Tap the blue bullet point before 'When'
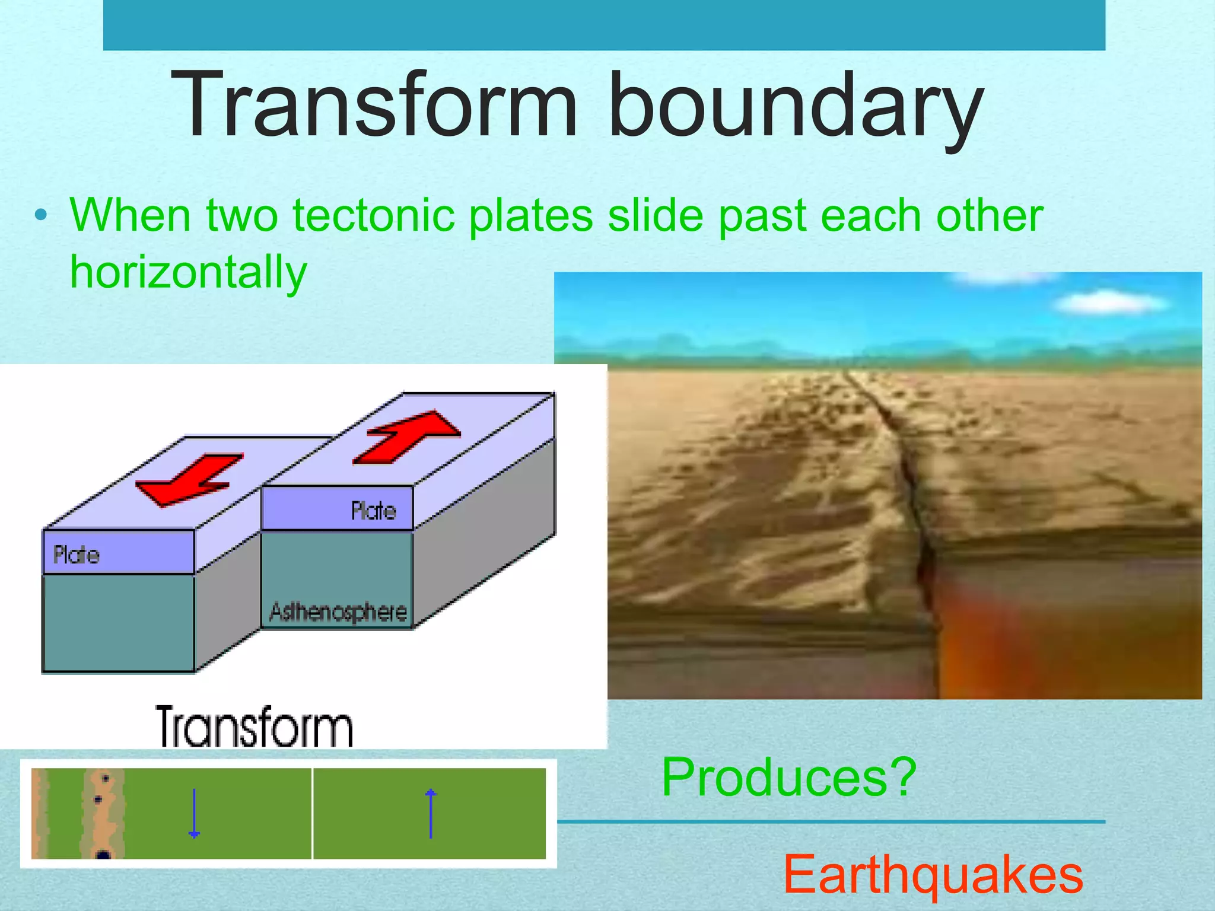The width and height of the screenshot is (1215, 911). click(x=40, y=215)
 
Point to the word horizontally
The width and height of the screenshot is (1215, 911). click(x=189, y=272)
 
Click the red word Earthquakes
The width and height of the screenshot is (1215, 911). click(x=933, y=874)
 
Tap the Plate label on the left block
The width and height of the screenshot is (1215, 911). click(x=76, y=555)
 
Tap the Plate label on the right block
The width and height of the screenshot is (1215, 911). click(x=373, y=511)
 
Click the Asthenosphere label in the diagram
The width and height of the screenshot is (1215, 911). click(x=338, y=612)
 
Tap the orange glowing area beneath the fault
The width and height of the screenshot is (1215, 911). click(x=1009, y=641)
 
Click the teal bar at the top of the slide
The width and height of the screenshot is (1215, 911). click(x=604, y=25)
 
